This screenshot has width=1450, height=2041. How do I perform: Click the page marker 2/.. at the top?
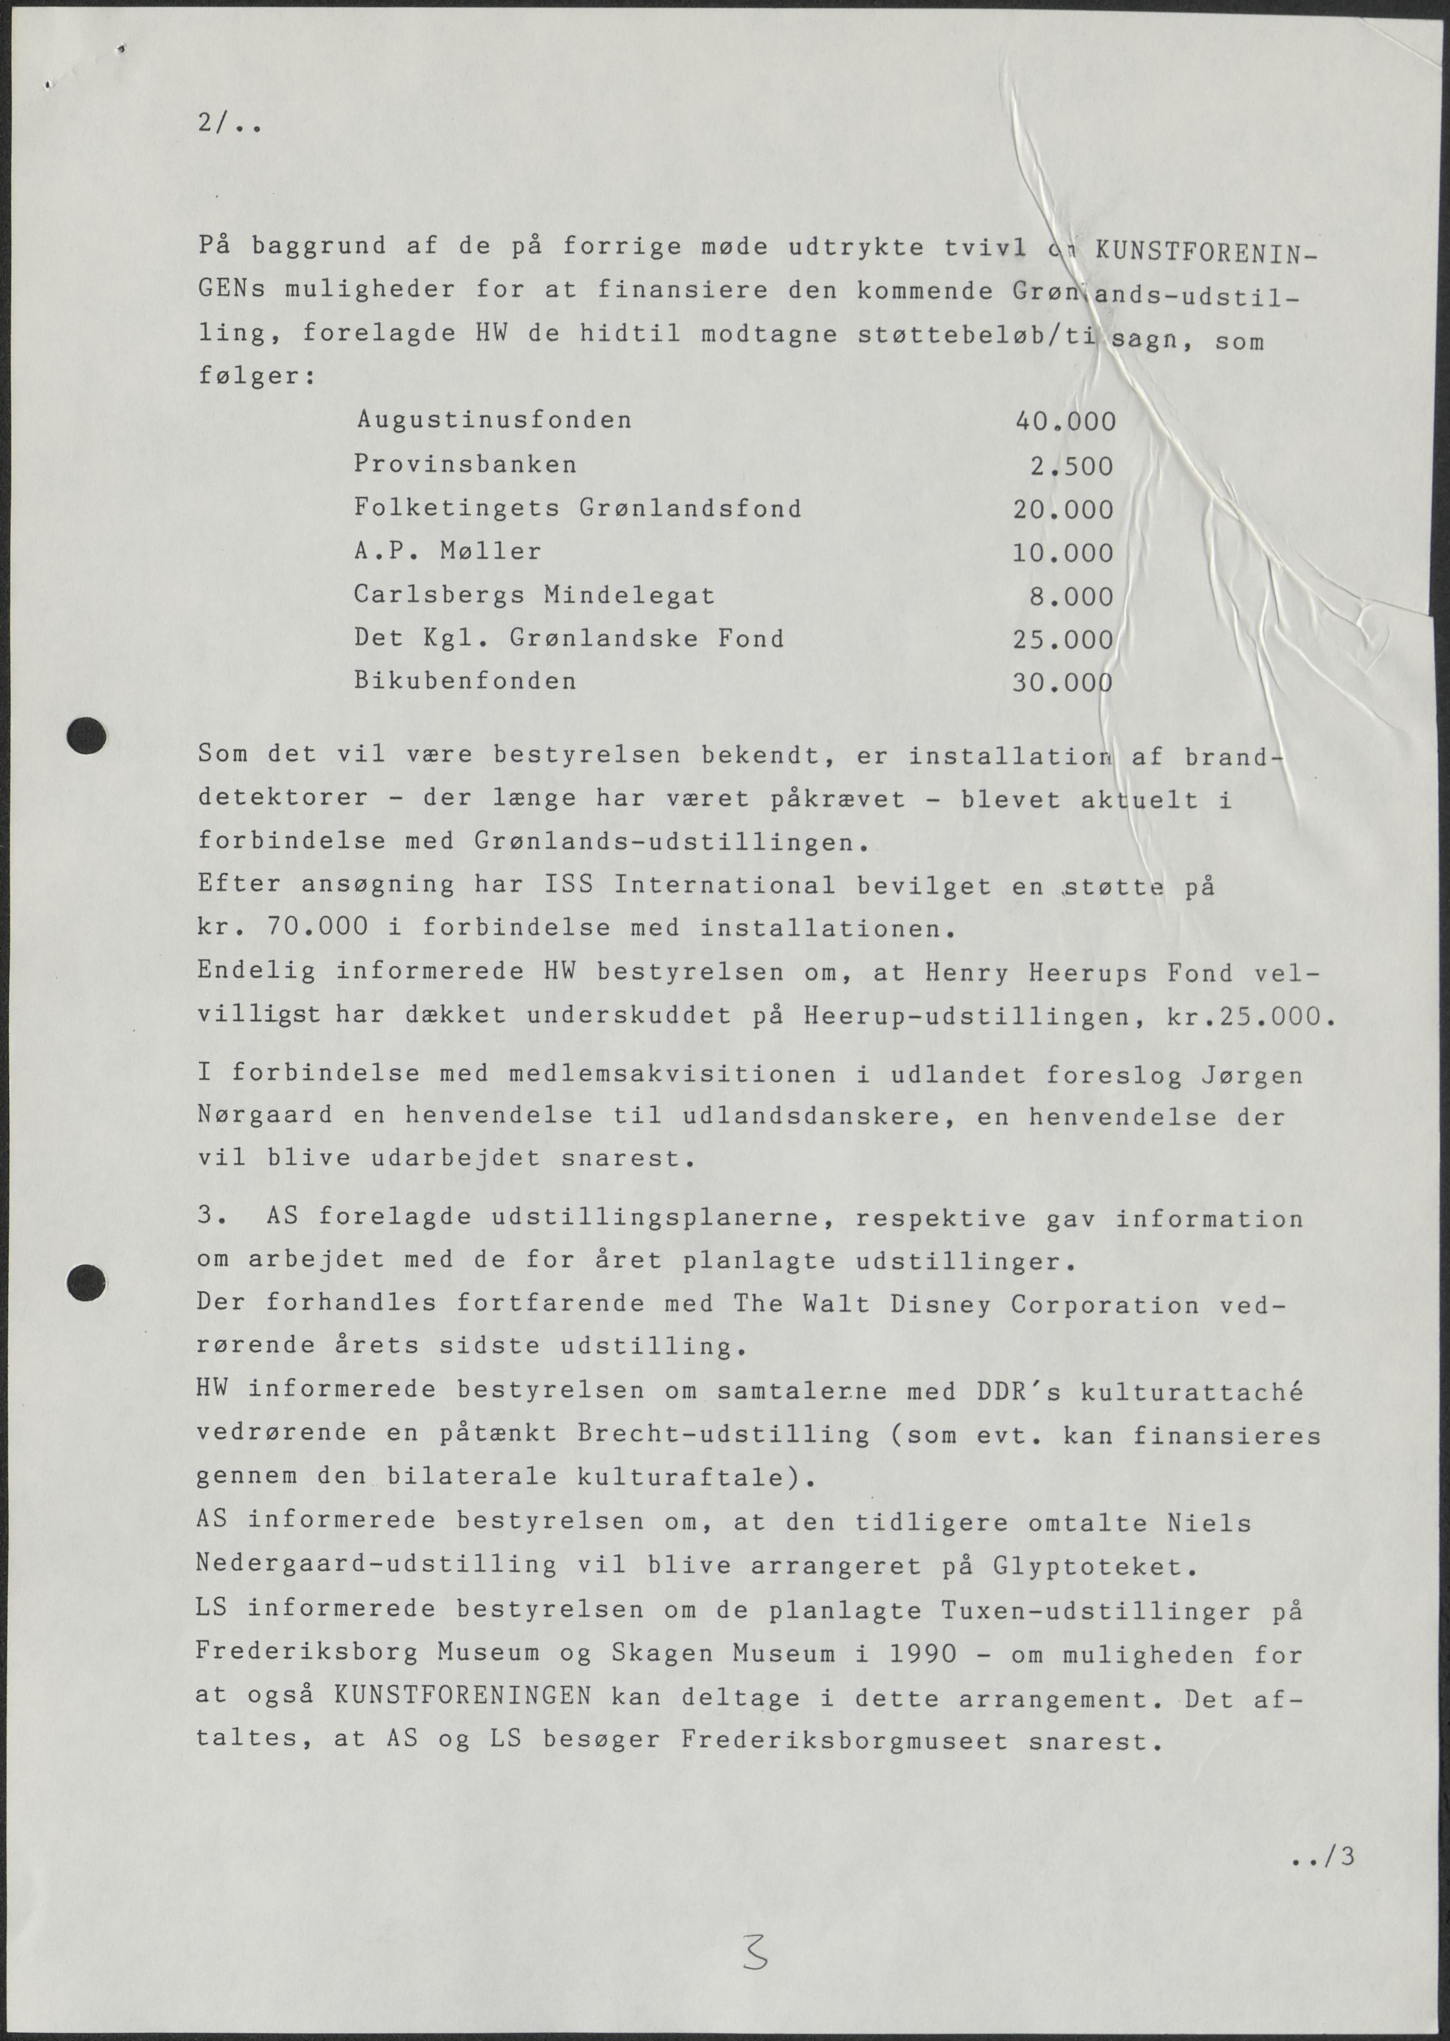pos(229,125)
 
